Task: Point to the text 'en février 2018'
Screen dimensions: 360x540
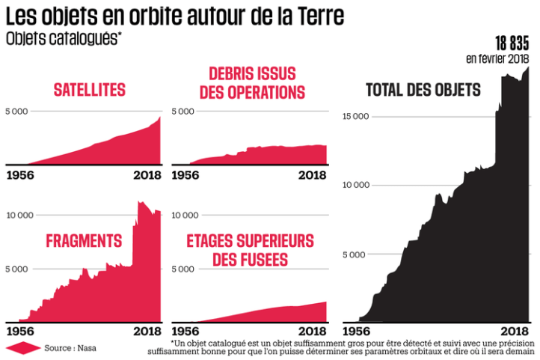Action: point(497,58)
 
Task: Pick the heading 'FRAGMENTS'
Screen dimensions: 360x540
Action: point(84,241)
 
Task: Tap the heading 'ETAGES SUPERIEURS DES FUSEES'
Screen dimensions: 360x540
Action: point(251,250)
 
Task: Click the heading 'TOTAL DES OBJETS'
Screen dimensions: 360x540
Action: point(423,91)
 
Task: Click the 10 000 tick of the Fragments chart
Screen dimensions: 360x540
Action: point(19,216)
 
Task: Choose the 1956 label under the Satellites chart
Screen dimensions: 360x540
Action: point(23,175)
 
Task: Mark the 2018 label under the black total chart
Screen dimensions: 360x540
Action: point(514,331)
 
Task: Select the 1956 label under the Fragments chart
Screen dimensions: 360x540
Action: point(23,331)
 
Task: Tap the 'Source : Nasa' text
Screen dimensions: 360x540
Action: point(70,347)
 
